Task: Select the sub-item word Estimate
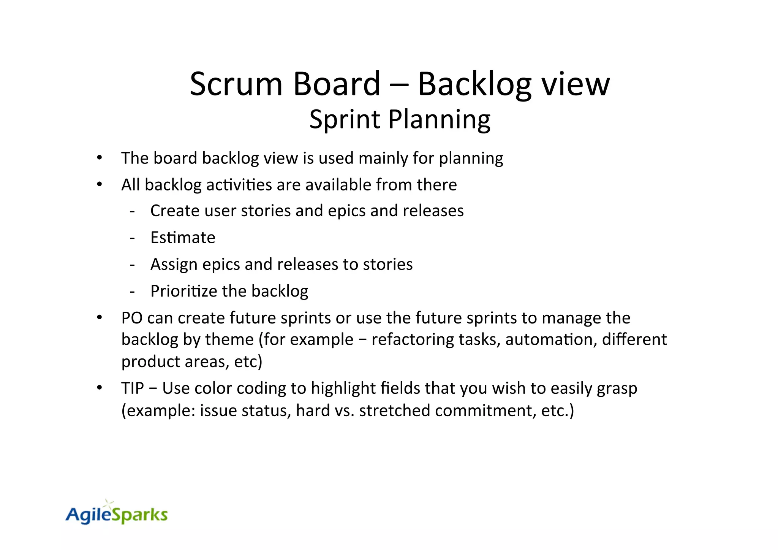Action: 183,238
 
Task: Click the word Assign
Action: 174,265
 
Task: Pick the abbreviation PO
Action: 132,318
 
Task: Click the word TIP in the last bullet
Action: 133,388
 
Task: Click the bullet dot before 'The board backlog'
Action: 100,158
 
